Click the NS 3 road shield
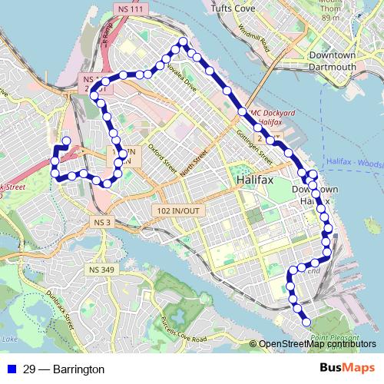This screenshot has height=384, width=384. tap(102, 223)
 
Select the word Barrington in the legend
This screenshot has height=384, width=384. tap(76, 369)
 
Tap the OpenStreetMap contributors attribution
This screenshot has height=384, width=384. tap(316, 344)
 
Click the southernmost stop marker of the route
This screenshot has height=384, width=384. tap(306, 323)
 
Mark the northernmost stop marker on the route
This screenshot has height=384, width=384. tap(183, 41)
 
